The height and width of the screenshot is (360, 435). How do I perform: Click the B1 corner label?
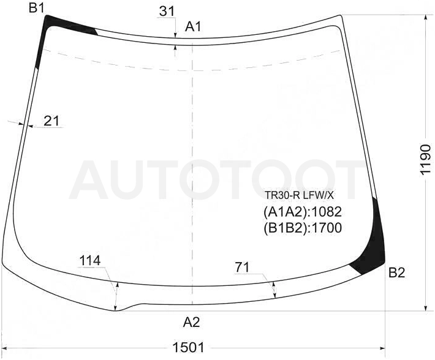click(x=37, y=8)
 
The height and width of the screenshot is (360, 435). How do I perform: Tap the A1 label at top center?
click(x=193, y=27)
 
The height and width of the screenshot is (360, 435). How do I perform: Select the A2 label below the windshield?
click(x=191, y=322)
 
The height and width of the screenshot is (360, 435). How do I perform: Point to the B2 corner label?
click(x=397, y=272)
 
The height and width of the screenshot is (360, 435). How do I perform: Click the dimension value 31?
click(x=167, y=12)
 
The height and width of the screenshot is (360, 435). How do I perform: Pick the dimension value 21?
click(x=51, y=121)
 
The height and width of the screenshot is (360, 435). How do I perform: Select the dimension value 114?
click(x=90, y=260)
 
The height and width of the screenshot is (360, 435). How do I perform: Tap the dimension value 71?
click(x=243, y=267)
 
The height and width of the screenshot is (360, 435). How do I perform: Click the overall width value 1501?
click(x=188, y=347)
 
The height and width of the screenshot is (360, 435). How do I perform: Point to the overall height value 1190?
click(x=426, y=159)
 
